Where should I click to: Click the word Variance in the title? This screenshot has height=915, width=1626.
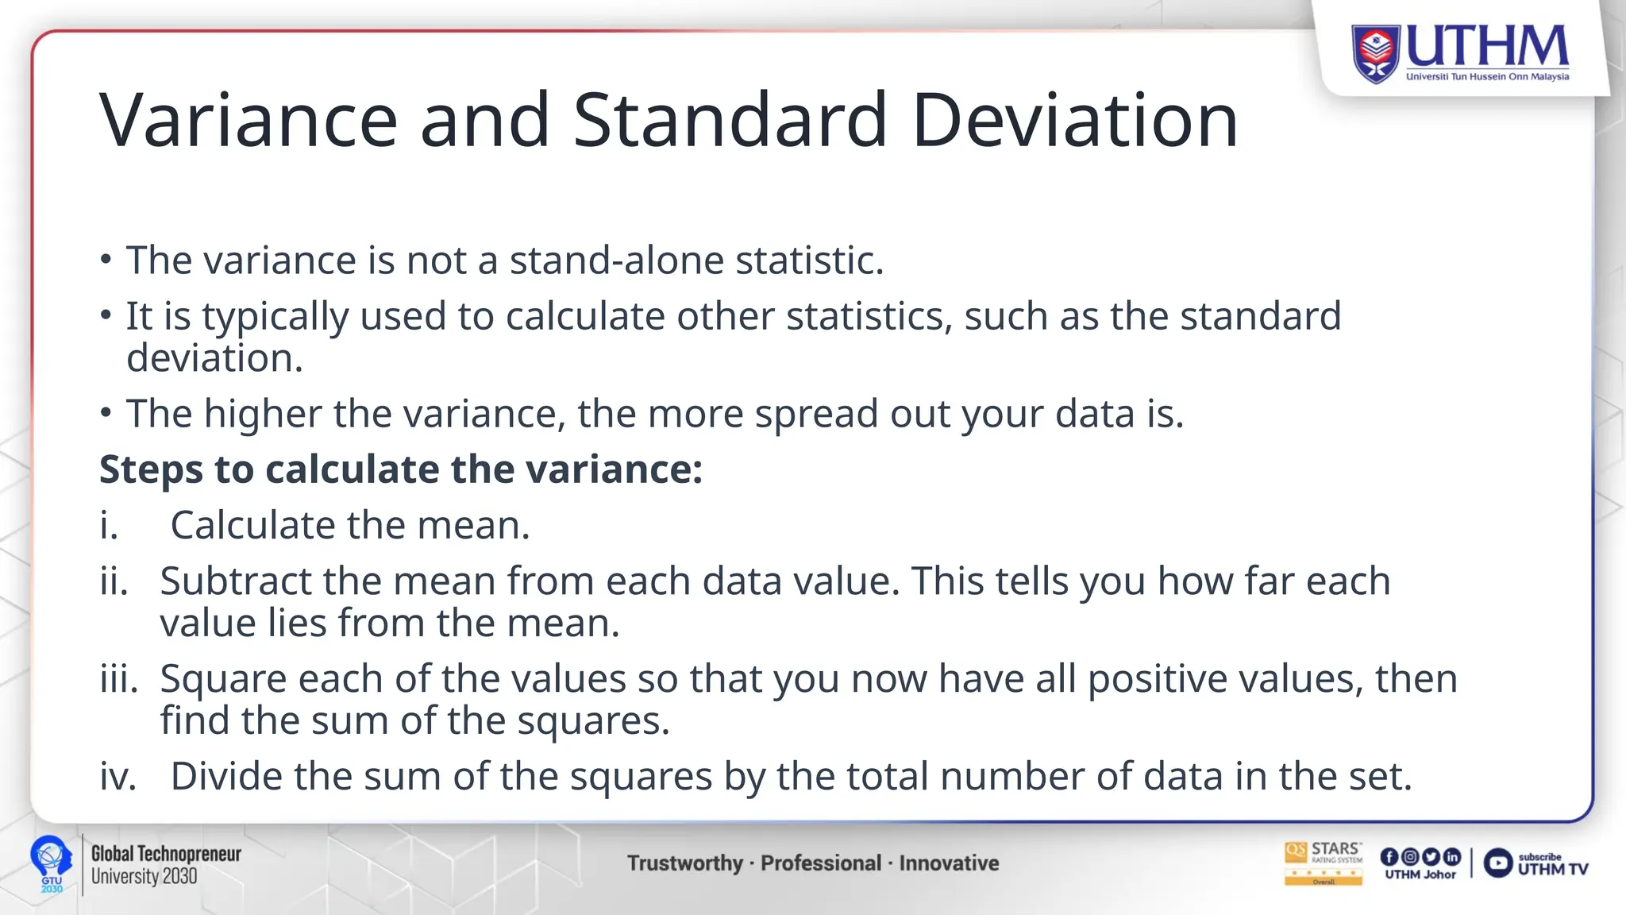coord(248,121)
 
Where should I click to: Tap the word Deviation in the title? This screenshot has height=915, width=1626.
coord(1075,121)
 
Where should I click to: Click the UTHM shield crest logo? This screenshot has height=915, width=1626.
coord(1376,53)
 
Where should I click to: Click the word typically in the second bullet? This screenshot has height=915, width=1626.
coord(275,317)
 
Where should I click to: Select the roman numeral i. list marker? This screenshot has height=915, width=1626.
coord(109,526)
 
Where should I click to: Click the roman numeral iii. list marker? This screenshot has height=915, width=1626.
coord(118,679)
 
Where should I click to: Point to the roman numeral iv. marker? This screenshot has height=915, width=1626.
coord(118,776)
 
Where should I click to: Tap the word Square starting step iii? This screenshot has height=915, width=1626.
coord(222,679)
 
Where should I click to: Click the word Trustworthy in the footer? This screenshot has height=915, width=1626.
coord(684,863)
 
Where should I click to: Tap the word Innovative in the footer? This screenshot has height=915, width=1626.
coord(949,863)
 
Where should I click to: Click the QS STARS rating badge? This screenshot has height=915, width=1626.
coord(1323,863)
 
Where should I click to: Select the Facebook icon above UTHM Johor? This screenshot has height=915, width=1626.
coord(1389,856)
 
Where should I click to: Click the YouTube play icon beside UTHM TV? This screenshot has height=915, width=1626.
coord(1497,863)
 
